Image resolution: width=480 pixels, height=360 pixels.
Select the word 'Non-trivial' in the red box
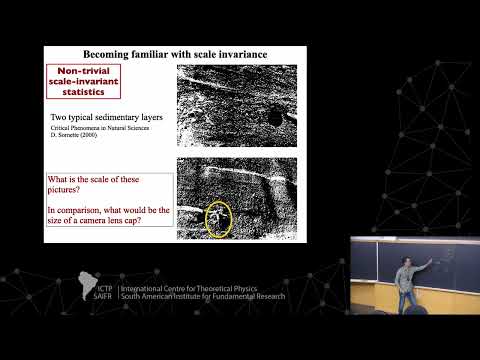point(84,73)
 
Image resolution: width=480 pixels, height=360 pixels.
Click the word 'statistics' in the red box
point(82,97)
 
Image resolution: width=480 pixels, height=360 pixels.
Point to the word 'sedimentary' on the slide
point(120,118)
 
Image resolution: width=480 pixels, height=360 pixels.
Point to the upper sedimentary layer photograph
point(236,104)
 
